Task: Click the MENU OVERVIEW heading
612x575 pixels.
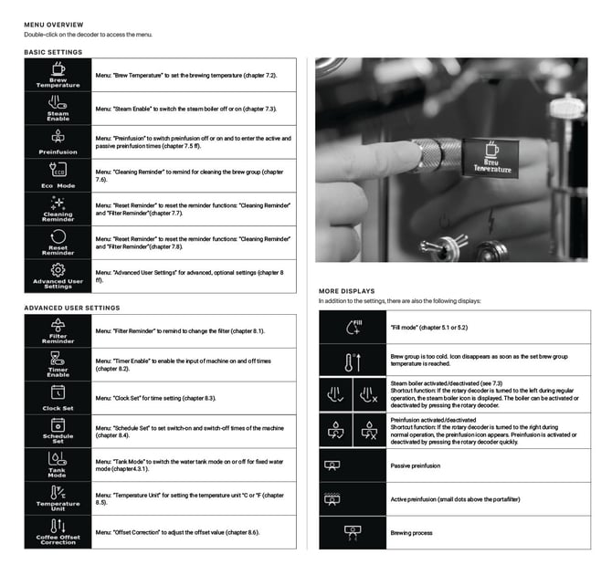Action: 54,25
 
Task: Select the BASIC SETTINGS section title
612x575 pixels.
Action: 52,53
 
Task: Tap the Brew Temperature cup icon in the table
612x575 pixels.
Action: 58,68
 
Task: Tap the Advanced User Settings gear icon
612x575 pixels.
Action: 58,269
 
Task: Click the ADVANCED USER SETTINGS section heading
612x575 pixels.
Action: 71,308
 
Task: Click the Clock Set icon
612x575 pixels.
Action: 58,392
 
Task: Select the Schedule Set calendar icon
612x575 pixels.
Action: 58,424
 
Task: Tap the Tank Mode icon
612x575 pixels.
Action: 58,458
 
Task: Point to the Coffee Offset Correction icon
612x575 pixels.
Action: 58,525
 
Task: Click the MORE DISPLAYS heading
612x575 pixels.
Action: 346,291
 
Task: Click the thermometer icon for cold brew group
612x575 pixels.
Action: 354,362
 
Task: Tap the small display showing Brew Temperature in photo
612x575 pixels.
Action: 492,157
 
